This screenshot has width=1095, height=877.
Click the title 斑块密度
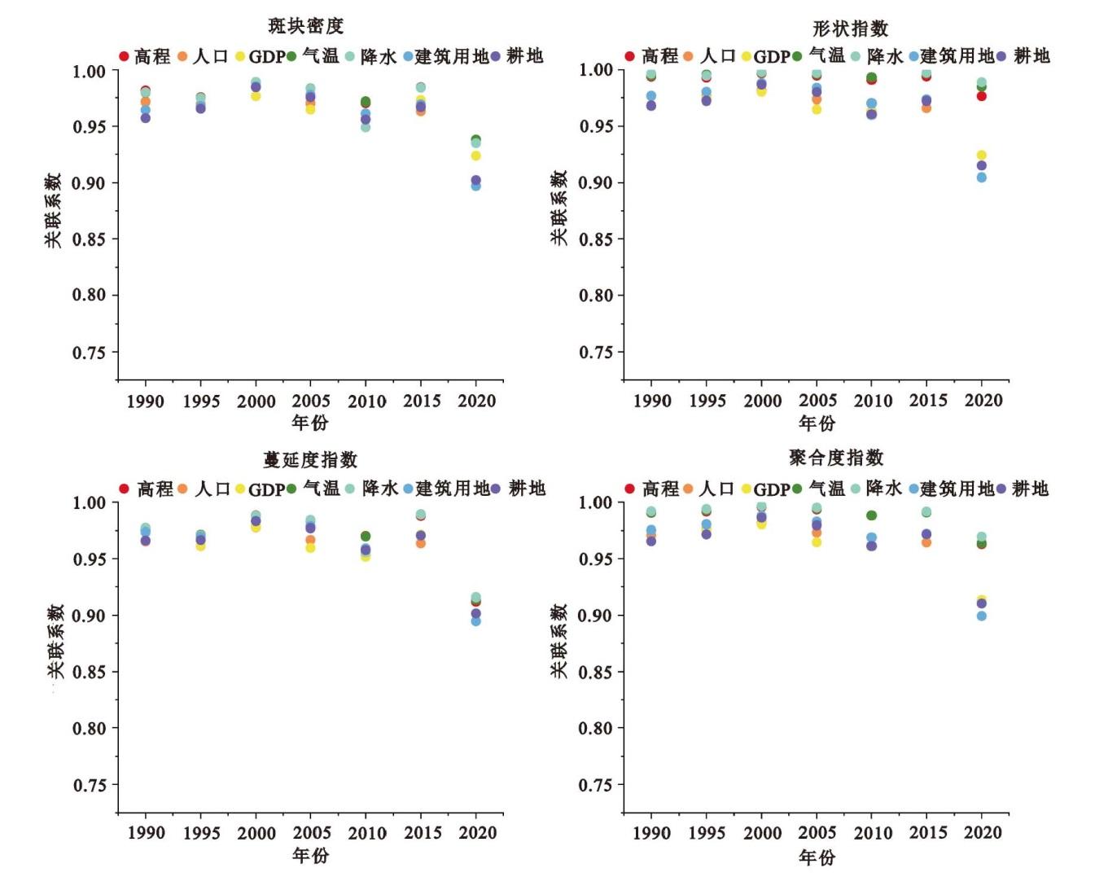305,26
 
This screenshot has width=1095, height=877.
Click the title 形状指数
850,29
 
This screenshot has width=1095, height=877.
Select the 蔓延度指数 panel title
310,460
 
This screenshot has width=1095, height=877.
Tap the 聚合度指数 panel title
836,458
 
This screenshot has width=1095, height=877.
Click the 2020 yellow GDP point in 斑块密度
476,156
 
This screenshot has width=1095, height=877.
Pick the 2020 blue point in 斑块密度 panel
476,186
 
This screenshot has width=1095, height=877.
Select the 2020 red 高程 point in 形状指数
982,96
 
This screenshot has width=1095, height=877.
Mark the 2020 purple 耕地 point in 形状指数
982,165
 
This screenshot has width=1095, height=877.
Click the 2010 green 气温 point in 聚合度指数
871,515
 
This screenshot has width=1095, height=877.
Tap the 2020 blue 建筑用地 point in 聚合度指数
982,616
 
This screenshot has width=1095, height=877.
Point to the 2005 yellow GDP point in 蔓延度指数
310,548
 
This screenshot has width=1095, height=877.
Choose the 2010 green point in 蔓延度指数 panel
366,537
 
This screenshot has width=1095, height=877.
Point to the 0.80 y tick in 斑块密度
89,296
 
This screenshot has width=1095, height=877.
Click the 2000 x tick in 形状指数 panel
762,401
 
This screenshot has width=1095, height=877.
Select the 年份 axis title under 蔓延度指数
310,855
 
